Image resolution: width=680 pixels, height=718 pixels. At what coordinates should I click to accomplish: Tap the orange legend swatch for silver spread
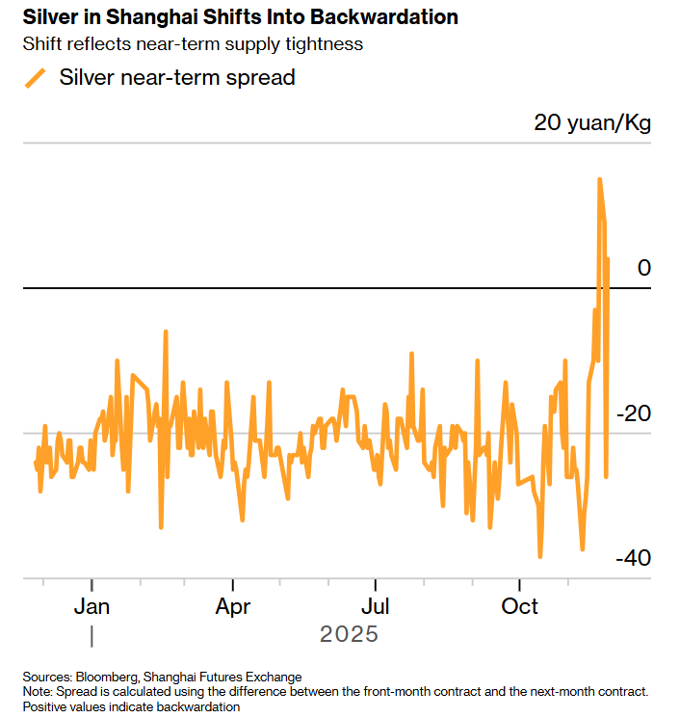tap(36, 78)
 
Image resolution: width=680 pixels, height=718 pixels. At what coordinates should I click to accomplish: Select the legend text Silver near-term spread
tap(177, 78)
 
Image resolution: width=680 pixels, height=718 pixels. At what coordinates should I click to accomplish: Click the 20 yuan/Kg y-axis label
tap(592, 123)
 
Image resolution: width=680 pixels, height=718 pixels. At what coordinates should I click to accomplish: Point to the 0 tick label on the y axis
tap(644, 268)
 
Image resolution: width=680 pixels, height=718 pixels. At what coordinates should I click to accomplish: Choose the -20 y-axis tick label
tap(633, 413)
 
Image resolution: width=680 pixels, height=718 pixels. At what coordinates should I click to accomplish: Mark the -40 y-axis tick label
tap(633, 559)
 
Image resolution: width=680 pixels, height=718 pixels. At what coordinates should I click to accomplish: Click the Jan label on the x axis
tap(92, 607)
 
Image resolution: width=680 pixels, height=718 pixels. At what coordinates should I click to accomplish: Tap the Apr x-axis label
tap(233, 607)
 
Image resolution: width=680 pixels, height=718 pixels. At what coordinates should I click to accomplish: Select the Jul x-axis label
tap(375, 607)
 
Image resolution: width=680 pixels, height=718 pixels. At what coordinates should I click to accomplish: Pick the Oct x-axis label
tap(520, 607)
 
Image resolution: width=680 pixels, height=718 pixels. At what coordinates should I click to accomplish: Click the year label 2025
tap(349, 635)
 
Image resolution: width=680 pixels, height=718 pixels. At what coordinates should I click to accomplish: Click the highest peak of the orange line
tap(600, 179)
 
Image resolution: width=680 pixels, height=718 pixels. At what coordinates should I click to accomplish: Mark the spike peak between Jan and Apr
tap(166, 332)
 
